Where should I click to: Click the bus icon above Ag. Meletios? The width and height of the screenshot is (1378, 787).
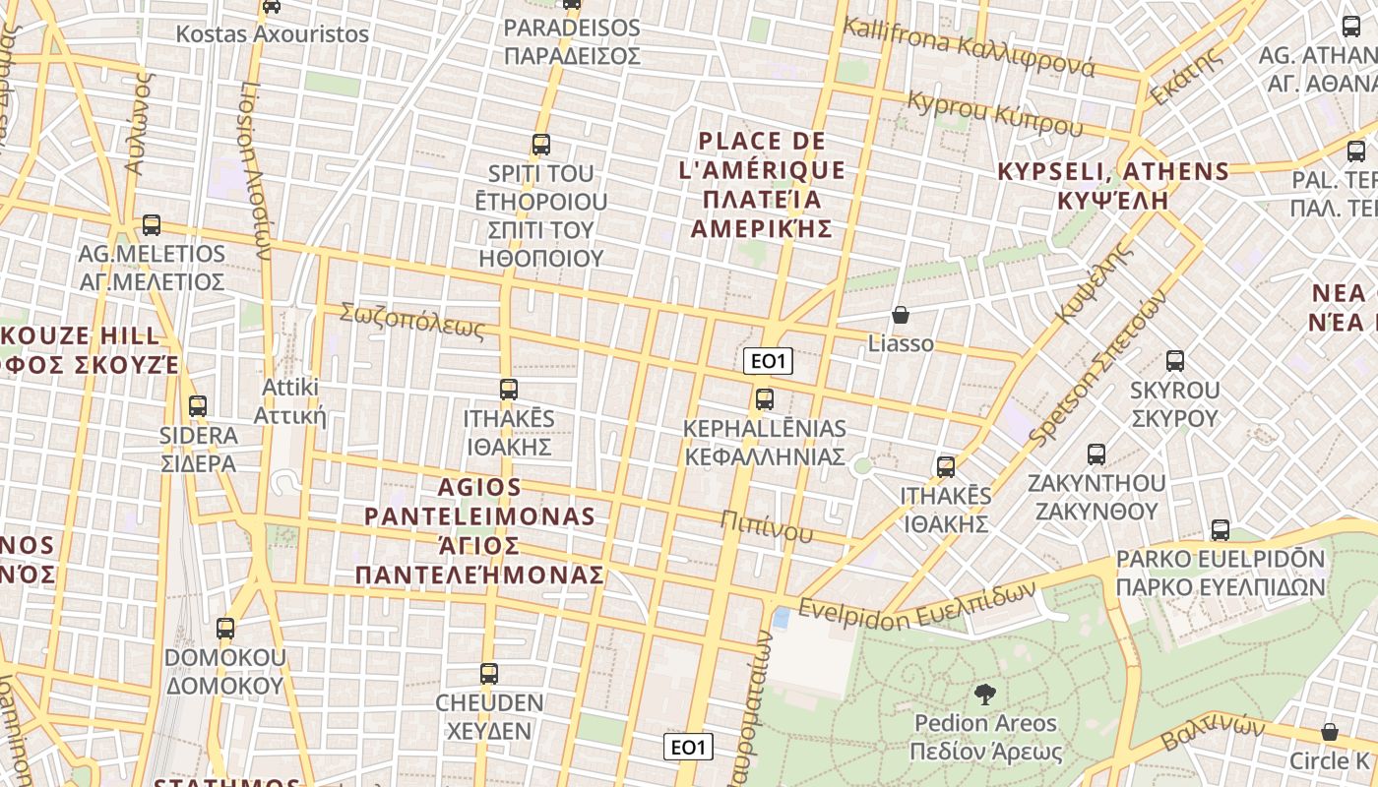152,225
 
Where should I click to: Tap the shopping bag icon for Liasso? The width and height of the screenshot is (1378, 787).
900,316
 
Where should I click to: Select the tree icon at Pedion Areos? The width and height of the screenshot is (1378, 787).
983,696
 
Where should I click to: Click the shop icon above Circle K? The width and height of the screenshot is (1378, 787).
1329,732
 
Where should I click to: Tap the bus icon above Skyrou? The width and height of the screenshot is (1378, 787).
1174,361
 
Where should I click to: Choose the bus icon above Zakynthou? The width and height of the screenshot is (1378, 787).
1096,454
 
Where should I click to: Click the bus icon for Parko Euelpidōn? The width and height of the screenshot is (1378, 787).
1221,530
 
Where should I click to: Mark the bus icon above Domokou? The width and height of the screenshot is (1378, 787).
225,629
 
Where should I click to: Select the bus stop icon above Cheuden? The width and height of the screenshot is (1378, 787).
489,675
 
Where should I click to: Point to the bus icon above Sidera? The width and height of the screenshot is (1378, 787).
198,406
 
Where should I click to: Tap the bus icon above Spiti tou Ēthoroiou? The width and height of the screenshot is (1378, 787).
540,146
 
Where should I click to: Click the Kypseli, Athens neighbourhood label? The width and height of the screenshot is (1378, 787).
1113,185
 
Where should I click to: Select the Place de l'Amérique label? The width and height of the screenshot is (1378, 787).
762,185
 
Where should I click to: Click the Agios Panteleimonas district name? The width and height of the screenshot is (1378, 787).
479,531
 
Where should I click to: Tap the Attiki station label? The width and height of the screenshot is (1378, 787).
289,400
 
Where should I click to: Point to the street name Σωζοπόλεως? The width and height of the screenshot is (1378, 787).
412,321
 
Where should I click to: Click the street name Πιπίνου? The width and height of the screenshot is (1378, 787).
767,527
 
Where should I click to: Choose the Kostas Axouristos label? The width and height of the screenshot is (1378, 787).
272,34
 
